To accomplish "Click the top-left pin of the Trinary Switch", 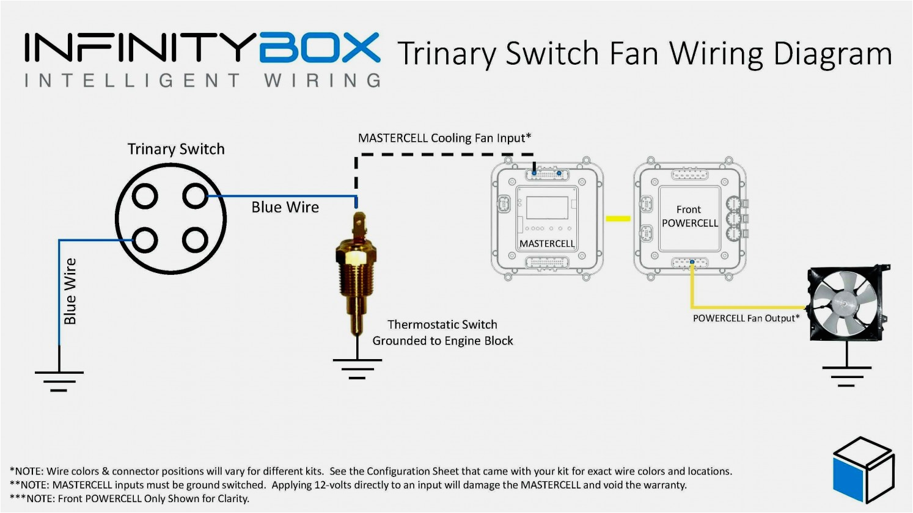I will (x=145, y=197).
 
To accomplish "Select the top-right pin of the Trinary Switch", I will (x=196, y=197).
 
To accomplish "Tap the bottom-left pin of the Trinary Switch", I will (x=145, y=240).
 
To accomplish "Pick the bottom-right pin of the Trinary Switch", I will (x=196, y=240).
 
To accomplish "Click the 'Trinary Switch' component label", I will (x=176, y=149).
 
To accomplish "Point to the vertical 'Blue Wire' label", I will (x=70, y=291).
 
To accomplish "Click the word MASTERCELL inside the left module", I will (x=547, y=244).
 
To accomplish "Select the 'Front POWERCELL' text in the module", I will (x=689, y=216).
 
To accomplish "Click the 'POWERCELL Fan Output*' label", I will (x=746, y=318).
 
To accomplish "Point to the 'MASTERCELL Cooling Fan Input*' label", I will (x=444, y=138).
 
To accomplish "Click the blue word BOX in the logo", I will (x=319, y=48).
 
